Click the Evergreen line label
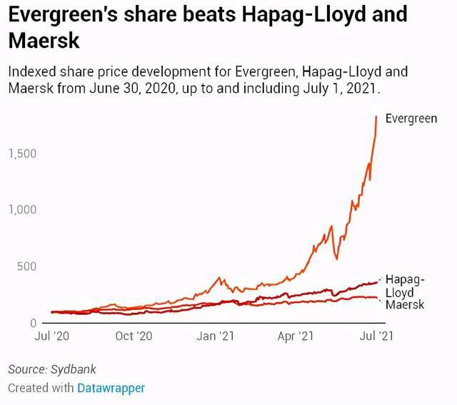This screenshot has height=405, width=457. pyautogui.click(x=411, y=119)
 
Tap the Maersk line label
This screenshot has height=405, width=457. pyautogui.click(x=404, y=305)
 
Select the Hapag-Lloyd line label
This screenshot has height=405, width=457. pyautogui.click(x=405, y=286)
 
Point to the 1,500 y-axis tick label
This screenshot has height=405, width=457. pyautogui.click(x=22, y=154)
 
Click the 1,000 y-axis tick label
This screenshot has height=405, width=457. pyautogui.click(x=22, y=210)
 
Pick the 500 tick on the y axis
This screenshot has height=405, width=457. pyautogui.click(x=26, y=266)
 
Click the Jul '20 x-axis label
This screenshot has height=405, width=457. pyautogui.click(x=51, y=336)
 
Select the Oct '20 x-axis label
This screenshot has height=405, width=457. pyautogui.click(x=134, y=336)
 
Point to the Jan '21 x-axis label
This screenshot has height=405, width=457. pyautogui.click(x=216, y=336)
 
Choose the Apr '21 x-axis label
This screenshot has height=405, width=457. pyautogui.click(x=296, y=336)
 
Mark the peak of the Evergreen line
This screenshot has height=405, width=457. pyautogui.click(x=376, y=116)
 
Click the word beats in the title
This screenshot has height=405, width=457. pyautogui.click(x=202, y=15)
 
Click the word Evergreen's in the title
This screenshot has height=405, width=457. pyautogui.click(x=61, y=15)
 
